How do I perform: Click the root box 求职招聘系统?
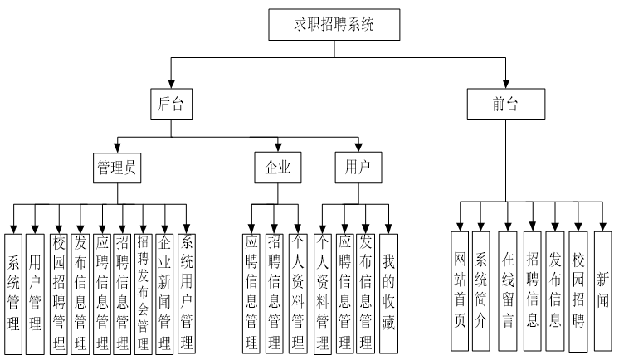pyautogui.click(x=334, y=25)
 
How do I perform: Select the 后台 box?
pyautogui.click(x=170, y=105)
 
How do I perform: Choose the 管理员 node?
pyautogui.click(x=116, y=167)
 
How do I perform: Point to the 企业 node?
pyautogui.click(x=277, y=167)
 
